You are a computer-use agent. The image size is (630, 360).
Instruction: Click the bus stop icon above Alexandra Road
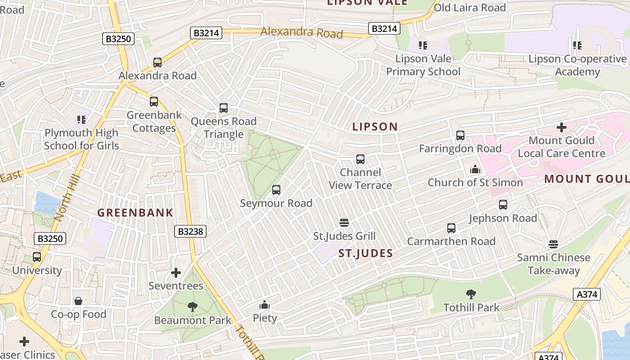[x=157, y=63]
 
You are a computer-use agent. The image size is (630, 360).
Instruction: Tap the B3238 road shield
[x=190, y=231]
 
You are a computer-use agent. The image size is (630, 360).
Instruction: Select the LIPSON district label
[x=375, y=127]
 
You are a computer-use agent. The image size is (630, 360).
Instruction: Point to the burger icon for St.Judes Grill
[x=344, y=223]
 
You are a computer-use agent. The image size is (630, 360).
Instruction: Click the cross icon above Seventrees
[x=176, y=273]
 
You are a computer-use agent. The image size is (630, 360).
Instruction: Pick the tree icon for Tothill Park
[x=471, y=295]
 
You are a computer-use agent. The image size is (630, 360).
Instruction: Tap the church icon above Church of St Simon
[x=475, y=170]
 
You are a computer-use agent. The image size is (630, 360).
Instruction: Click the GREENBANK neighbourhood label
[x=135, y=213]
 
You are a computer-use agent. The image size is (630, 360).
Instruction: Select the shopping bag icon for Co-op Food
[x=78, y=301]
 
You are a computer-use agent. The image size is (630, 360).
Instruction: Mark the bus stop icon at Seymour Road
[x=276, y=190]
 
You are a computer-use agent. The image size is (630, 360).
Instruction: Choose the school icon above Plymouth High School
[x=81, y=120]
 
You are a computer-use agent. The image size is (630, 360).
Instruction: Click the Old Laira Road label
[x=469, y=8]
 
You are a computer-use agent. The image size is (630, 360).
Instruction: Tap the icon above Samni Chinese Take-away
[x=553, y=244]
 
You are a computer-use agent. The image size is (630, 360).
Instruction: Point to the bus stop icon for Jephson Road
[x=503, y=205]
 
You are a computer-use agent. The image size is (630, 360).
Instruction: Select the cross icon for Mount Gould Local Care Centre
[x=561, y=127]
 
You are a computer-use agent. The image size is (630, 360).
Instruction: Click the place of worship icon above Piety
[x=264, y=305]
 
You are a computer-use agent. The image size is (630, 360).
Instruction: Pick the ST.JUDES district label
[x=365, y=253]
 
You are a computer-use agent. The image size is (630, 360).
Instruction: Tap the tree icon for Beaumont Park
[x=192, y=307]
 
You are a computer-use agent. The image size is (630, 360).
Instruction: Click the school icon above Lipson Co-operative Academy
[x=577, y=45]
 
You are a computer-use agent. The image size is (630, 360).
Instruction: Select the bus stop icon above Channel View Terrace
[x=360, y=159]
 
